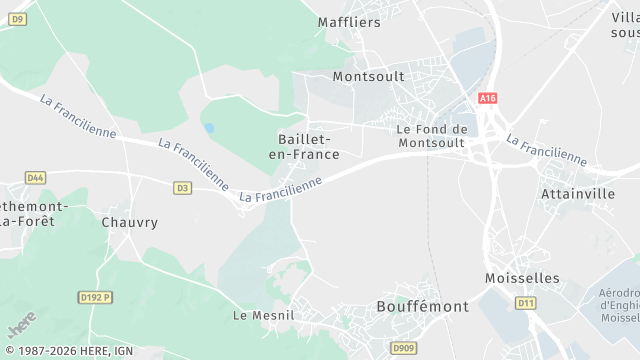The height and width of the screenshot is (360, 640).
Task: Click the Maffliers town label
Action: pyautogui.click(x=349, y=22)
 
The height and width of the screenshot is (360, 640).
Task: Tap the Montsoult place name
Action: pyautogui.click(x=368, y=76)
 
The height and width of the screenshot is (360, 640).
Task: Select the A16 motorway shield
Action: pyautogui.click(x=487, y=98)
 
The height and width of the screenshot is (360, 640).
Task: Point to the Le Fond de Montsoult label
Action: pyautogui.click(x=432, y=136)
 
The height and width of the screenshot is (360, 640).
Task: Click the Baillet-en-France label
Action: pyautogui.click(x=308, y=147)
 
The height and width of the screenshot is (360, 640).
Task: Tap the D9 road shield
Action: pyautogui.click(x=19, y=19)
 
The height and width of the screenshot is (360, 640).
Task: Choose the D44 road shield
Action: pyautogui.click(x=35, y=178)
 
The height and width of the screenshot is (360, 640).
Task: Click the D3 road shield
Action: pyautogui.click(x=182, y=187)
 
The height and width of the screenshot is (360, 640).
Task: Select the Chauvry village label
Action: pyautogui.click(x=130, y=222)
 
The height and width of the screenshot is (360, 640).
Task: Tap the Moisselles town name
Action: pyautogui.click(x=521, y=277)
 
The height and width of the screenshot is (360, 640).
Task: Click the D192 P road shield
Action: pyautogui.click(x=95, y=297)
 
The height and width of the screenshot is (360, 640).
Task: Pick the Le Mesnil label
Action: pyautogui.click(x=264, y=314)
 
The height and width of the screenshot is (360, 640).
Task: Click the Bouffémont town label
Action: pyautogui.click(x=422, y=306)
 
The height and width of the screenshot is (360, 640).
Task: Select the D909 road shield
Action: pyautogui.click(x=404, y=347)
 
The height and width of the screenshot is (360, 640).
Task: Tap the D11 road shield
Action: pyautogui.click(x=525, y=302)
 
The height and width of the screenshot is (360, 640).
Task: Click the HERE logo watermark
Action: pyautogui.click(x=21, y=323)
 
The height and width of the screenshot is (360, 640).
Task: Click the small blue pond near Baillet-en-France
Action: pyautogui.click(x=209, y=128)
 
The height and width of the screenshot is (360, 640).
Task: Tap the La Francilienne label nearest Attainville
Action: pyautogui.click(x=546, y=149)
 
